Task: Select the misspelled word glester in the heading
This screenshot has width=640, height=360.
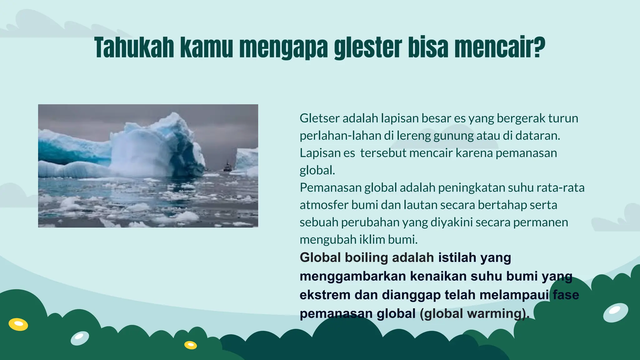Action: coord(367,47)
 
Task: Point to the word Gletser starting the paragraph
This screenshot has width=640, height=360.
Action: coord(319,118)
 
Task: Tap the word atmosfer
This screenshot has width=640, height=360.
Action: coord(324,205)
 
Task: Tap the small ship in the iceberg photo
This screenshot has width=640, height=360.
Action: coord(227,167)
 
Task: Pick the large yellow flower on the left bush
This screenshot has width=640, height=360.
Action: coord(18,324)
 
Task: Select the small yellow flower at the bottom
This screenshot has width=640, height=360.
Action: coord(190,345)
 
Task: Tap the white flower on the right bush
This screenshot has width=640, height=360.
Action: coord(615,312)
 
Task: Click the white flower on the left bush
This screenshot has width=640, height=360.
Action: coord(80,338)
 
